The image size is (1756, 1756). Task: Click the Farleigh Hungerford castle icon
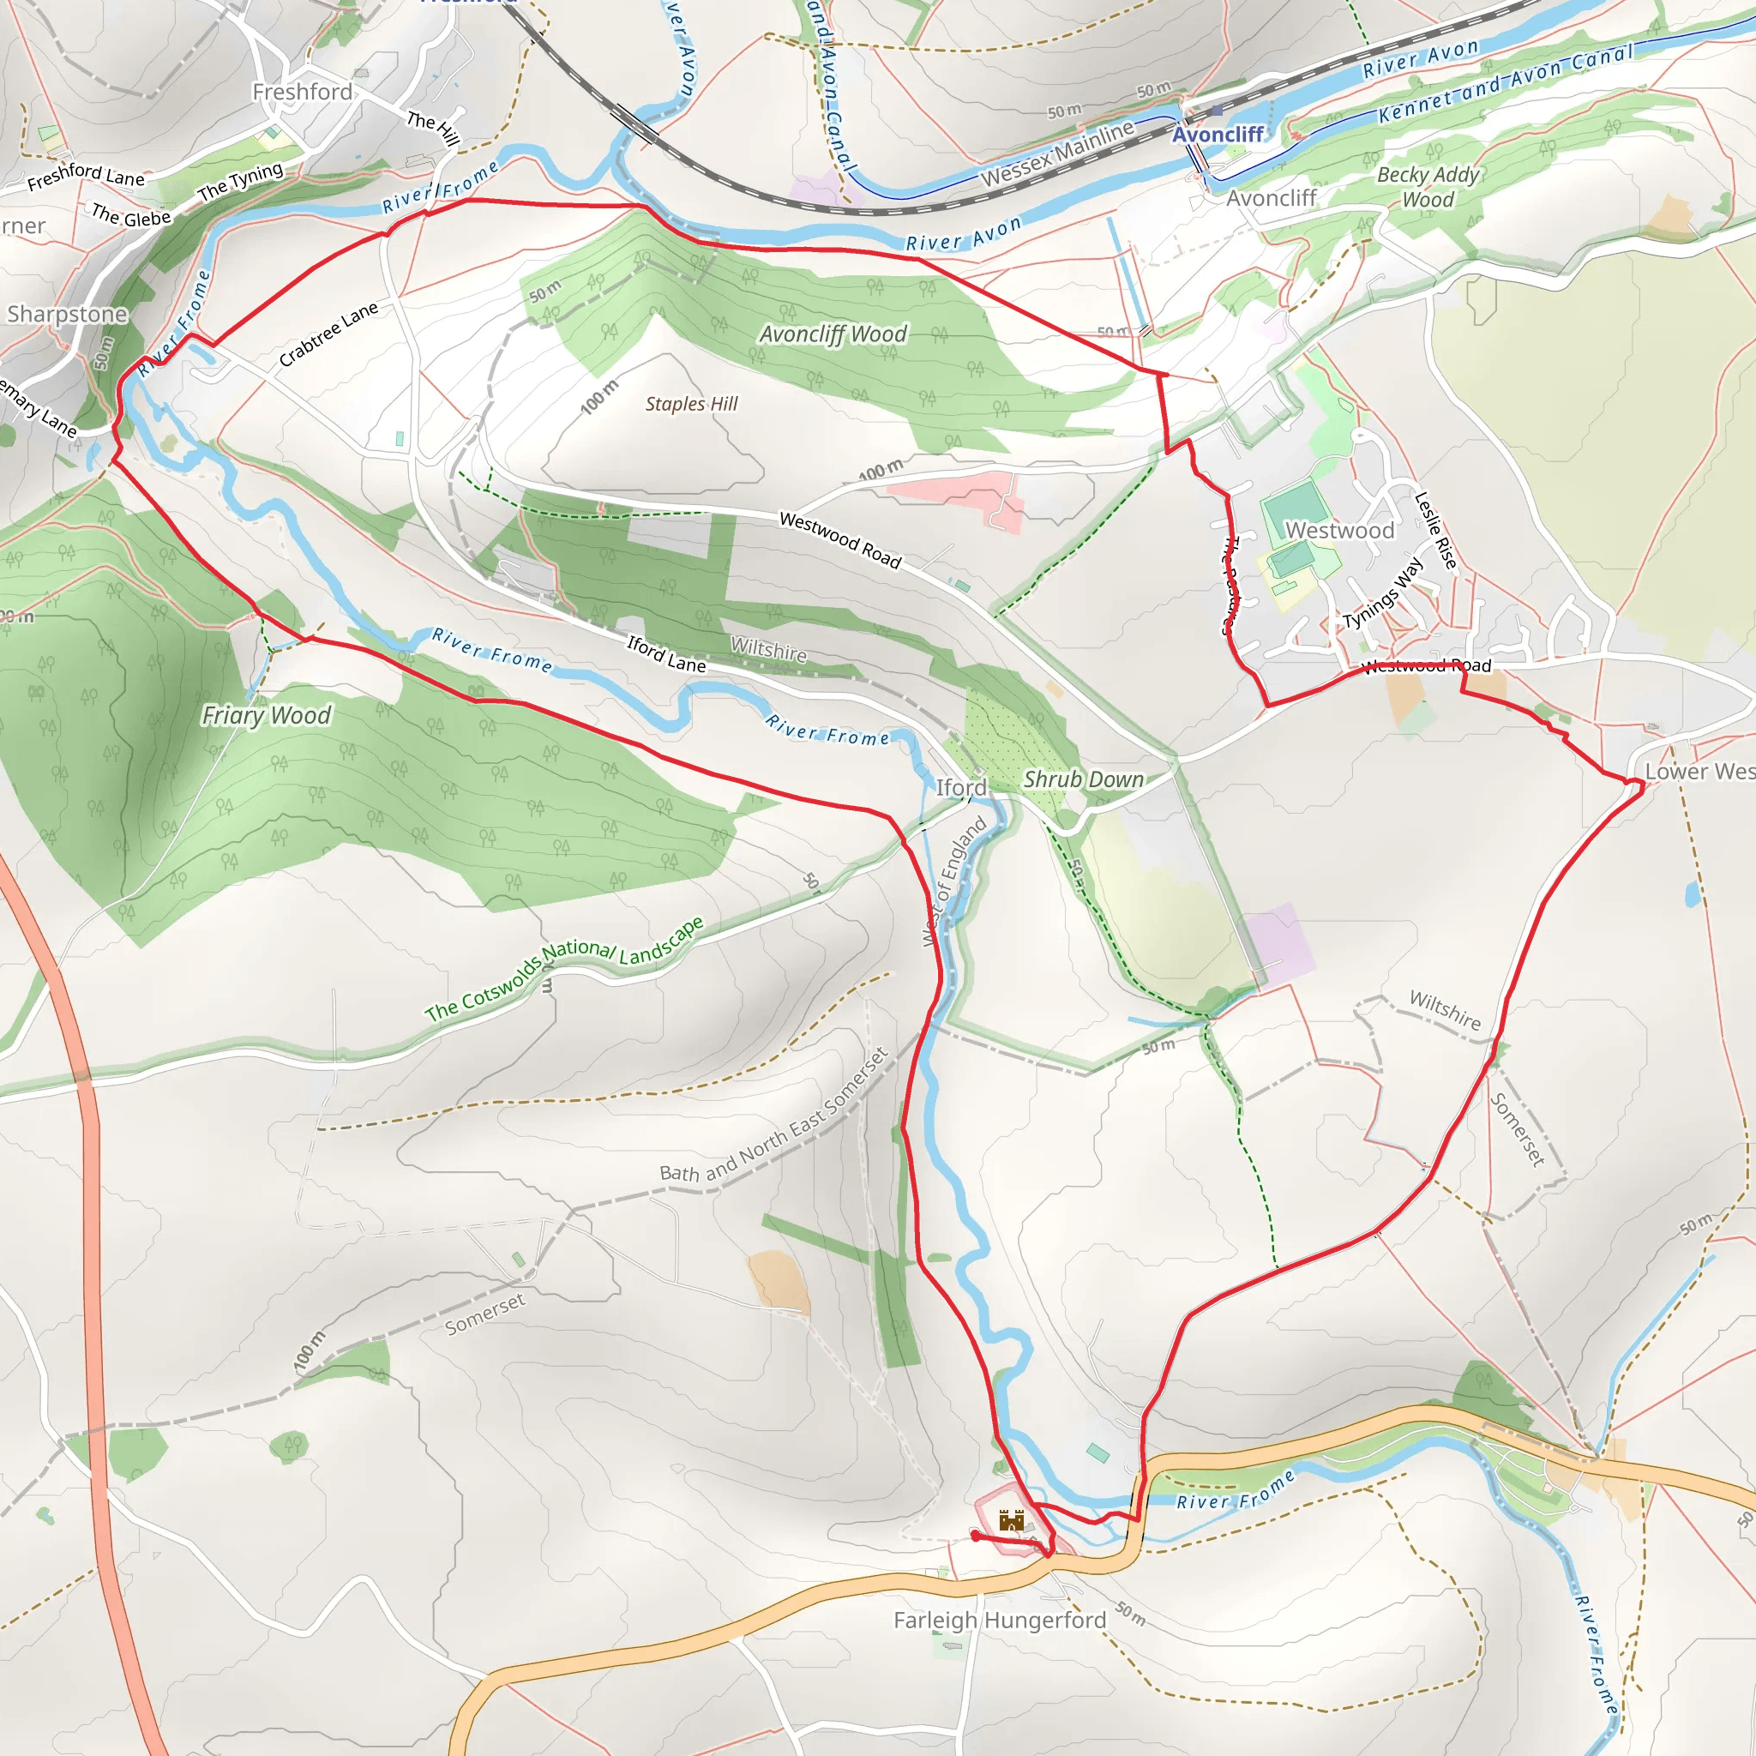point(1012,1520)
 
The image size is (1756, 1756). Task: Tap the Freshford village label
point(302,92)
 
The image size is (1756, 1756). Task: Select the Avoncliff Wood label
point(833,334)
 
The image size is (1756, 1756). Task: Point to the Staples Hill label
point(691,404)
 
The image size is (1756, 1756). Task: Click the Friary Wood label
point(267,715)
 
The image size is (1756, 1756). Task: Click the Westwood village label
point(1338,530)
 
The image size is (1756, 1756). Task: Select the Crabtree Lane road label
point(328,334)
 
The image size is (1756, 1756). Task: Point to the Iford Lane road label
point(666,654)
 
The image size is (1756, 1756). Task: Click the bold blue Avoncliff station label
point(1217,135)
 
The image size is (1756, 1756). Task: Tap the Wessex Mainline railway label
point(1057,153)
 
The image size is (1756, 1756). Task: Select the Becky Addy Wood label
point(1428,186)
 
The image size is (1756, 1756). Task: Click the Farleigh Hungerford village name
point(1000,1620)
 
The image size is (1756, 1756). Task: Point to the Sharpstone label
point(67,314)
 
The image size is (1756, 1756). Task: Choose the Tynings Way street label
point(1382,593)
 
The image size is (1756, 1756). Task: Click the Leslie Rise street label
point(1435,530)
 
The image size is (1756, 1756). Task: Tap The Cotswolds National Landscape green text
point(563,968)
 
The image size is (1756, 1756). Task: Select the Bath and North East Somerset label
point(773,1116)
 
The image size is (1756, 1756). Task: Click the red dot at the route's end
point(975,1535)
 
